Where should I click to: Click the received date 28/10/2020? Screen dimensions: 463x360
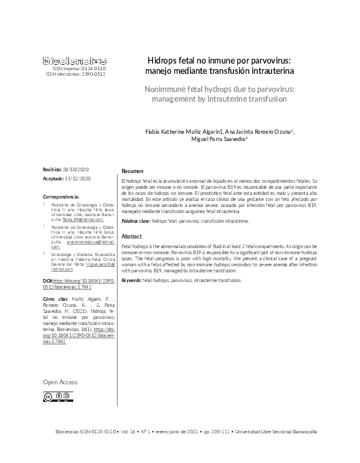point(76,169)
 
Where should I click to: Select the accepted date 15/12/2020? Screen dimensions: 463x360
point(77,179)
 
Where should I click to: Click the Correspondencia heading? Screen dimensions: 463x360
point(62,197)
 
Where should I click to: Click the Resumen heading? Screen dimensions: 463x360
point(133,171)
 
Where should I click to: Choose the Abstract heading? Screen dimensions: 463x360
point(132,237)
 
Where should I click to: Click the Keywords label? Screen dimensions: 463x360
point(131,280)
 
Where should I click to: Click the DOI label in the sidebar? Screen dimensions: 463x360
point(48,281)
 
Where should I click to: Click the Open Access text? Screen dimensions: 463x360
point(61,383)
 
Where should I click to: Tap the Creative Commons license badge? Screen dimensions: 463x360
point(57,396)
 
